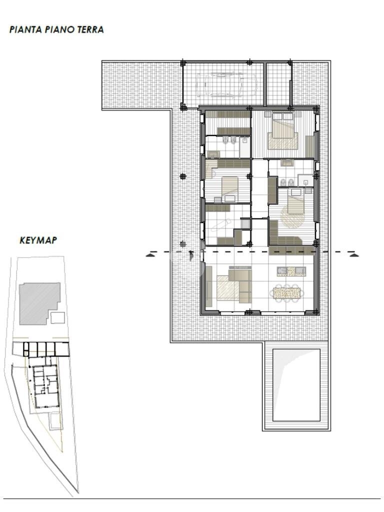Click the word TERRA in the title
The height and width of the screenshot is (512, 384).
coord(90,29)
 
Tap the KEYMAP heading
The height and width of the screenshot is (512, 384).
coord(38,240)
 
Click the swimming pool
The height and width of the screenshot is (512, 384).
coord(296,385)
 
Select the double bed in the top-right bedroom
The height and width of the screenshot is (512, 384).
coord(283,131)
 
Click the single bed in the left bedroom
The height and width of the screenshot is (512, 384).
coord(229,187)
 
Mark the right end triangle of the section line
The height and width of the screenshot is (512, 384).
coord(354,255)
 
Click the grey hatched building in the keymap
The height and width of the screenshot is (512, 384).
coord(39,303)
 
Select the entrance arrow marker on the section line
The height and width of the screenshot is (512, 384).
coord(191,255)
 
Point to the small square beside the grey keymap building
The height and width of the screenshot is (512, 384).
coord(58,317)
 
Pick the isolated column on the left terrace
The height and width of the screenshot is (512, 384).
coord(183,176)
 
